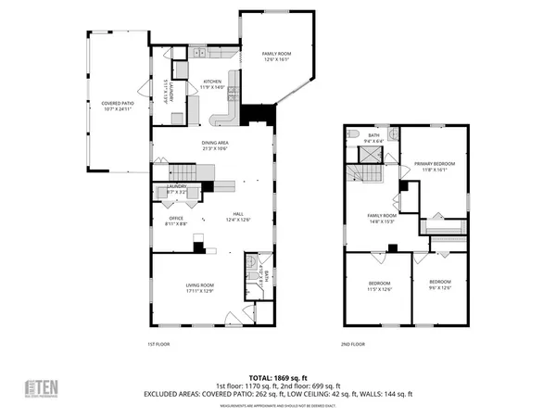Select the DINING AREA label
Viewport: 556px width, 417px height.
click(x=215, y=145)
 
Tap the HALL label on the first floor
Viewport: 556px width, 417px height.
click(x=238, y=216)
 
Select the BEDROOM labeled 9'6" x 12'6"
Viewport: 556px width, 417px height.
click(x=439, y=284)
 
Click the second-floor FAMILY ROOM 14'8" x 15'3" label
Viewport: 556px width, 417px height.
click(x=383, y=218)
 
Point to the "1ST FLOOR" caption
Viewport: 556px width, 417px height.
click(x=158, y=344)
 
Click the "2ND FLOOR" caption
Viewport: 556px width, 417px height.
click(x=353, y=344)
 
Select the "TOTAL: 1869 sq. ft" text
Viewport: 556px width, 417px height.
click(x=278, y=377)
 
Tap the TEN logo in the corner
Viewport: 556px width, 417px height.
click(x=40, y=386)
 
